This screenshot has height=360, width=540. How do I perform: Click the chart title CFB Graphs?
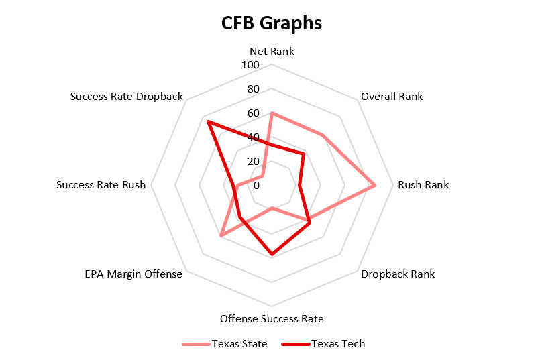tap(272, 23)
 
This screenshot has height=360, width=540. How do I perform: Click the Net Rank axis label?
tap(272, 51)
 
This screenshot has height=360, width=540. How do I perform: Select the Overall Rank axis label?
tap(392, 96)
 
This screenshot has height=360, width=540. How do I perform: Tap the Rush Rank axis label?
tap(423, 185)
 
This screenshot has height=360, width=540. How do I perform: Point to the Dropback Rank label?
tap(398, 274)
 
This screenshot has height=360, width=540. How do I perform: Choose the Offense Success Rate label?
tap(272, 318)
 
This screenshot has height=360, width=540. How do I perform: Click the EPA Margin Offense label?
tap(133, 274)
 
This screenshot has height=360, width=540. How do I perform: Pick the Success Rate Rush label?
tap(101, 185)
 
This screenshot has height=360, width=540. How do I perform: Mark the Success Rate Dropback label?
tap(127, 96)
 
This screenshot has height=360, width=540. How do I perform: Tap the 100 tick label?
tap(251, 65)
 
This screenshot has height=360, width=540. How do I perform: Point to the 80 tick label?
tap(253, 89)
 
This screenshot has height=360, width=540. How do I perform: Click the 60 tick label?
tap(253, 113)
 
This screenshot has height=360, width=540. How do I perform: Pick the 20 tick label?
tap(253, 161)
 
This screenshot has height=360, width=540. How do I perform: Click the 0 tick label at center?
tap(256, 185)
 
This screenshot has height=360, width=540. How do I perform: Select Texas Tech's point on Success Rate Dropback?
tap(209, 122)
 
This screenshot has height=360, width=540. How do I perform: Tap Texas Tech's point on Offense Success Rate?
tap(272, 254)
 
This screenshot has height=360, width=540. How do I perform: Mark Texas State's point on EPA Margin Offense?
tap(221, 236)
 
